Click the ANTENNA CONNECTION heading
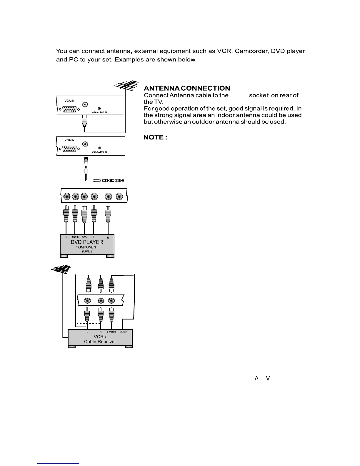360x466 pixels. click(x=187, y=88)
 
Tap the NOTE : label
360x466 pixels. click(x=155, y=137)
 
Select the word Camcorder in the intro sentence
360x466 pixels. click(x=251, y=51)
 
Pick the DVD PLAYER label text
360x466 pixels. click(x=87, y=242)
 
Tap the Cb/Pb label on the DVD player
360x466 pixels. click(x=75, y=237)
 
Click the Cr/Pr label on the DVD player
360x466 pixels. click(x=84, y=237)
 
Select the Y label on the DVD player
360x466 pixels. click(x=66, y=238)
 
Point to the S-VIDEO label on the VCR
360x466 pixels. click(x=111, y=332)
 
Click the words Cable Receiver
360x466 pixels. click(x=100, y=342)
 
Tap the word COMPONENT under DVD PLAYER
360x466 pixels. click(x=87, y=247)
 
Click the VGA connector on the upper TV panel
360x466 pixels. click(x=69, y=109)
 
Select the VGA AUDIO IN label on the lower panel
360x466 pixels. click(x=99, y=152)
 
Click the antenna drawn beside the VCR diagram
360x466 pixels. click(x=61, y=269)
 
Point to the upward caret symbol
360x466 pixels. click(x=256, y=378)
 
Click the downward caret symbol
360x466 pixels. click(x=268, y=378)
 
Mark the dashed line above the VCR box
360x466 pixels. click(x=88, y=324)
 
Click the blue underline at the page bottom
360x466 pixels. click(x=58, y=463)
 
